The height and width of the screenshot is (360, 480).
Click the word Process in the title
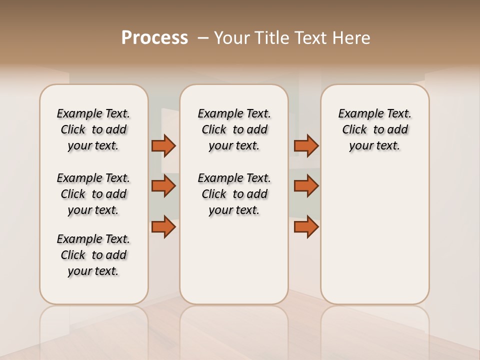coord(154,37)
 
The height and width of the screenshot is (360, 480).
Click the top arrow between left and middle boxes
coord(163,145)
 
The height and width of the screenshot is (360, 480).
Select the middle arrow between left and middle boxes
coord(163,186)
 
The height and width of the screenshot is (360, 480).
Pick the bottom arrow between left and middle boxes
coord(163,226)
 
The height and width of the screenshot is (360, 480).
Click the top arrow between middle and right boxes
coord(306,145)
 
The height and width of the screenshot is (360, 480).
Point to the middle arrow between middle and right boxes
coord(306,186)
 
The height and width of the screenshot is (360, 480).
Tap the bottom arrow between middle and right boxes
coord(306,226)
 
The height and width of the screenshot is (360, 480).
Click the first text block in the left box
coord(93,129)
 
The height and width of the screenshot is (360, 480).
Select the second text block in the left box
coord(93,194)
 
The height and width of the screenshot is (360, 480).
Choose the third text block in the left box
coord(93,255)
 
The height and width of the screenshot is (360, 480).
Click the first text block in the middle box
coord(234,129)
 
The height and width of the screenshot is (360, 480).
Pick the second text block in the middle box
coord(234,194)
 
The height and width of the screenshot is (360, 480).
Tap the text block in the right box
coord(374,129)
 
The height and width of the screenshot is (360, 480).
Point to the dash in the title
coord(202,38)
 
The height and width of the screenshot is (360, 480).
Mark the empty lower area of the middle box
coord(234,260)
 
